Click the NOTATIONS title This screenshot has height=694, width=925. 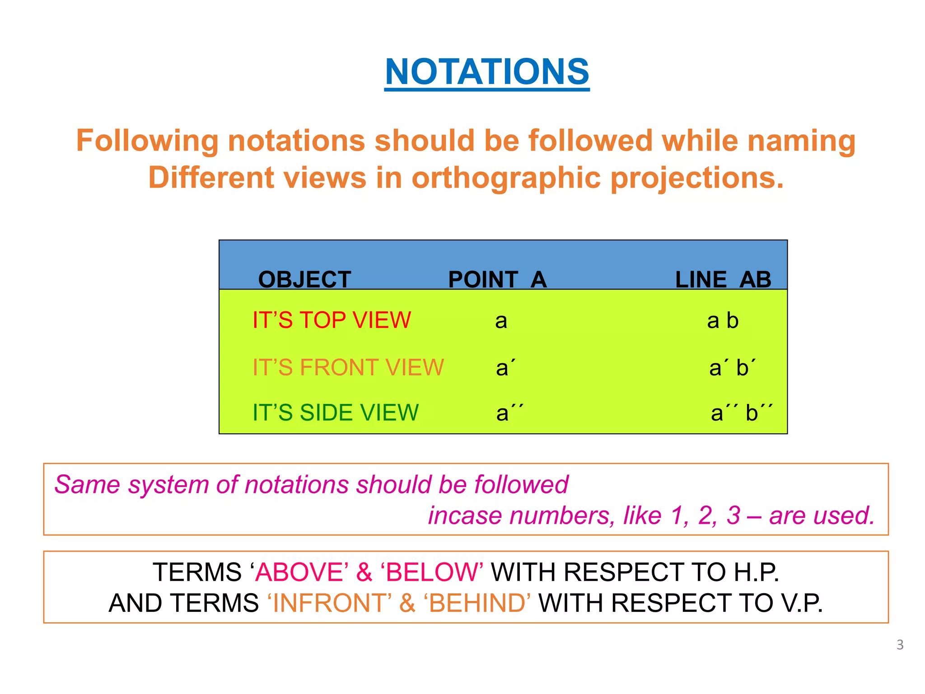[487, 72]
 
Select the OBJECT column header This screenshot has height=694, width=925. [304, 279]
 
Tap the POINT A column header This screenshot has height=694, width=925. [497, 279]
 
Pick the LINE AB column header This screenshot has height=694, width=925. [723, 279]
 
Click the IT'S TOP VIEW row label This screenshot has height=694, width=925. [332, 320]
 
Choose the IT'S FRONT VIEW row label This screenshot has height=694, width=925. [348, 367]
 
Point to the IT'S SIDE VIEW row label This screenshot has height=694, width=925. [336, 413]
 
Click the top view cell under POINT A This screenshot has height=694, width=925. [501, 321]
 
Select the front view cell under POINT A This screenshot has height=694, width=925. [505, 367]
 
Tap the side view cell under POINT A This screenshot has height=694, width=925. [509, 413]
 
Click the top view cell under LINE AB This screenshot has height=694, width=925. [723, 321]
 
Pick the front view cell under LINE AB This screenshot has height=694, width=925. [732, 367]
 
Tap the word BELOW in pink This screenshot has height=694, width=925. [432, 572]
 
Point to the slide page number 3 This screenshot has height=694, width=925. [900, 645]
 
